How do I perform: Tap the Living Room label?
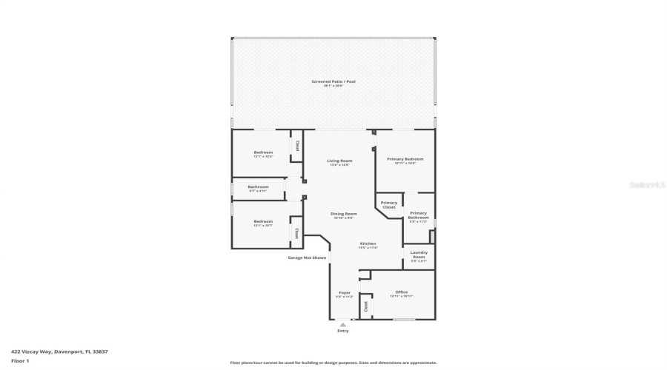[x=339, y=161]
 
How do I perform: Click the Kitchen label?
[x=368, y=243]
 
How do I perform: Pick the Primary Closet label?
[x=388, y=205]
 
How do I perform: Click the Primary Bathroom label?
[x=419, y=215]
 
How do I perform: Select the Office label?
[x=401, y=292]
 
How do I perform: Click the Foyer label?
[x=345, y=293]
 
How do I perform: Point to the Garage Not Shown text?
[x=307, y=258]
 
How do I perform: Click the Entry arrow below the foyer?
[x=342, y=324]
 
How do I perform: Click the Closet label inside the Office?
[x=365, y=306]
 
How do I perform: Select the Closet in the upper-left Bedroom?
[x=297, y=146]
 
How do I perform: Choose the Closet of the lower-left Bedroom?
[x=296, y=233]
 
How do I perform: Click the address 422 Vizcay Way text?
[x=59, y=351]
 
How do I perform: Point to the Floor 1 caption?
[x=20, y=360]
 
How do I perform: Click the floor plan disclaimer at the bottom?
[x=333, y=363]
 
